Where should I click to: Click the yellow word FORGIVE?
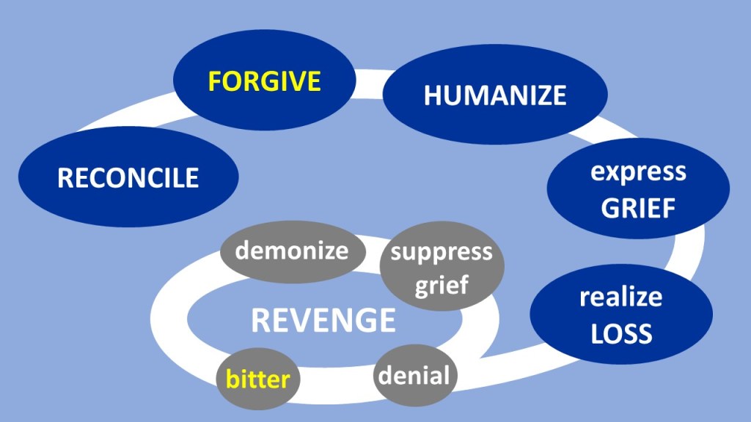[265, 81]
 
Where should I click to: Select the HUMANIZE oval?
[495, 96]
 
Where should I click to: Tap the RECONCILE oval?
[128, 178]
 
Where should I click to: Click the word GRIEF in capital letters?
[638, 209]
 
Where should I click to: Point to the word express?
[638, 173]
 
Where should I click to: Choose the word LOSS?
[621, 334]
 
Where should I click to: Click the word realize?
[621, 297]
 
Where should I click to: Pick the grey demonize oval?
[291, 251]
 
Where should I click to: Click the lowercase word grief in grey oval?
[441, 285]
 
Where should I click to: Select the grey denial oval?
[413, 377]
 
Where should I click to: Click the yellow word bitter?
[257, 380]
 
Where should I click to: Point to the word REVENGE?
[323, 321]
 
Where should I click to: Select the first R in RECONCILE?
[65, 178]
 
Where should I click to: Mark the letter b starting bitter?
[230, 379]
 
